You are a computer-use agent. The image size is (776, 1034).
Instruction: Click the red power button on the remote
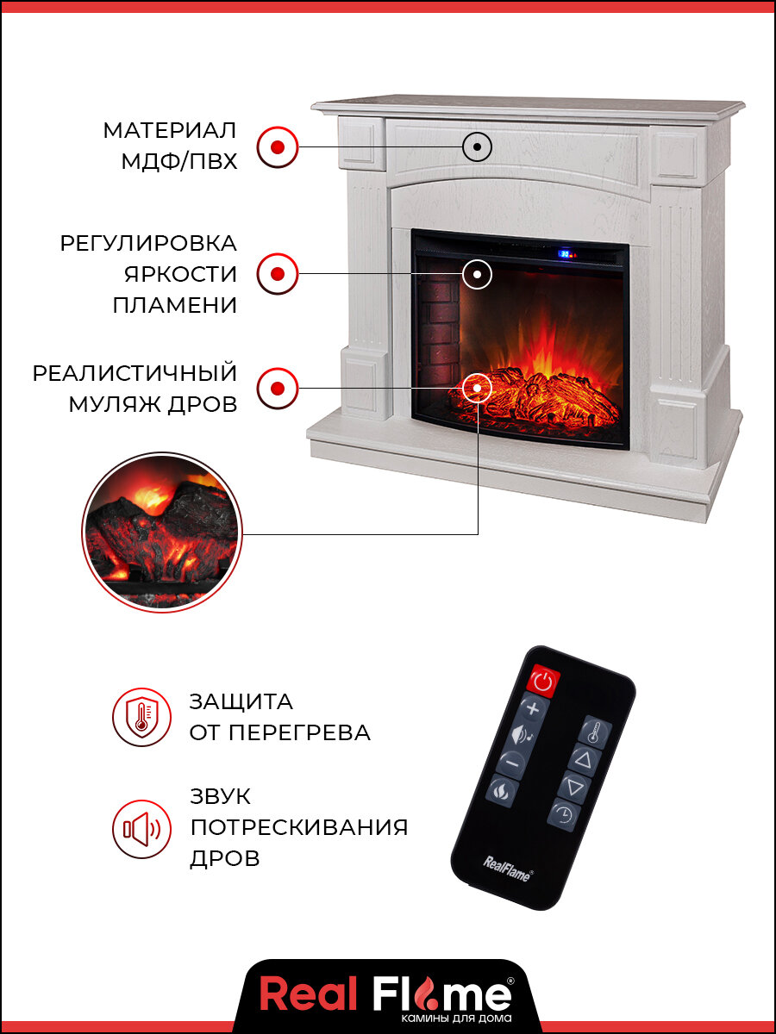pos(542,681)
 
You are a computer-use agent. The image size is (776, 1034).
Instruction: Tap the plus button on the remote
pos(533,709)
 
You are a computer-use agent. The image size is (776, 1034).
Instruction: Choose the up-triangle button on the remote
pos(584,760)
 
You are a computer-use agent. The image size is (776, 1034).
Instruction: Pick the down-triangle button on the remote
pos(573,787)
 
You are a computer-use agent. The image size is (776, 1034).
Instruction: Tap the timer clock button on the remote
pos(563,813)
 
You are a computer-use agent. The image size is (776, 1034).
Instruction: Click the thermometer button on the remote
pos(594,732)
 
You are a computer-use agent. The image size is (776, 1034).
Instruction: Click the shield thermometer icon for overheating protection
pos(141,718)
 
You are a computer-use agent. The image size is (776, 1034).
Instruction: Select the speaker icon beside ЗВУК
pos(141,829)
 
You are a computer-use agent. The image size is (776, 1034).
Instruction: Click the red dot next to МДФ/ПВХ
pos(278,146)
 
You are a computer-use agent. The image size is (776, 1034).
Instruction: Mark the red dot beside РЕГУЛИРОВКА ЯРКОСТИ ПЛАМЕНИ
pos(278,275)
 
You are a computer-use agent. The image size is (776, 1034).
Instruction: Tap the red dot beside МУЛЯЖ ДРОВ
pos(278,388)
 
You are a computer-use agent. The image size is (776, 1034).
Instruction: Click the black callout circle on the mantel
pos(477,146)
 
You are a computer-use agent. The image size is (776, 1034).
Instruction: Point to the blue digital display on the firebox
pos(566,254)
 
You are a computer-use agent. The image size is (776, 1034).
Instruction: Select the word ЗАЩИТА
pos(241,701)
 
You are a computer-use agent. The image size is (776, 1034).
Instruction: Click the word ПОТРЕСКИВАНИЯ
pos(298,828)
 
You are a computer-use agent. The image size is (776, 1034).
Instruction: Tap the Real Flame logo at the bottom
pos(386,995)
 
